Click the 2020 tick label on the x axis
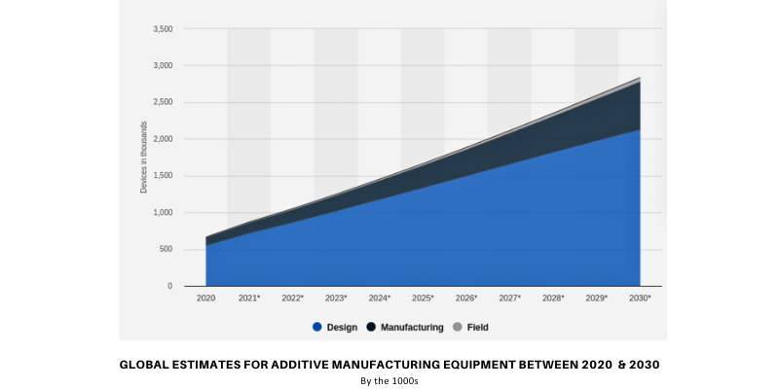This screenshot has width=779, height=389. click(205, 299)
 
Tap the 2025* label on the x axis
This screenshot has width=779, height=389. click(423, 299)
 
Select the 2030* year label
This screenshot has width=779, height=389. click(640, 299)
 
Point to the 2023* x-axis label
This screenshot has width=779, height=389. click(336, 299)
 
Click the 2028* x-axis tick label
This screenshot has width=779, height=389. click(553, 299)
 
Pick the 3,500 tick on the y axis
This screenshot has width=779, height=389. click(163, 29)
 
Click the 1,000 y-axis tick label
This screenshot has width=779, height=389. click(163, 213)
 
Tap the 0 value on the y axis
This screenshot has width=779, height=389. click(169, 287)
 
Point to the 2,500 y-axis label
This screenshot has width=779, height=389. click(163, 103)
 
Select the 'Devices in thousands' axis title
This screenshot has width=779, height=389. click(144, 159)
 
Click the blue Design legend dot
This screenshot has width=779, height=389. click(316, 328)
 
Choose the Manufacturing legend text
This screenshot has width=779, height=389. click(413, 328)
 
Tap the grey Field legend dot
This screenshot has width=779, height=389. click(459, 328)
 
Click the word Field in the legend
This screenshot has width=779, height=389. click(478, 328)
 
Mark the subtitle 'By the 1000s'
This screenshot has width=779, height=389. click(389, 381)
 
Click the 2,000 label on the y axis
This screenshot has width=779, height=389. click(163, 140)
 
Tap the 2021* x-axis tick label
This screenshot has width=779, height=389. click(249, 299)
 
